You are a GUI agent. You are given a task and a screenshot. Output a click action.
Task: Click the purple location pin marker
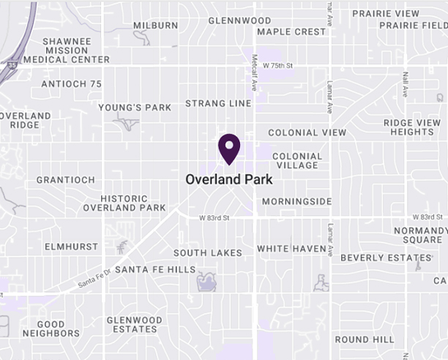pyautogui.click(x=230, y=149)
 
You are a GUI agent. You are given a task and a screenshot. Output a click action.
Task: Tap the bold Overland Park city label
pyautogui.click(x=229, y=179)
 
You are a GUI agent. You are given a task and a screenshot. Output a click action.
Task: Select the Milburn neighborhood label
pyautogui.click(x=155, y=26)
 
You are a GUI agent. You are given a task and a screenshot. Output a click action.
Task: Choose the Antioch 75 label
pyautogui.click(x=71, y=84)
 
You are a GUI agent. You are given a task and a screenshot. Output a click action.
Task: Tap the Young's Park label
pyautogui.click(x=135, y=108)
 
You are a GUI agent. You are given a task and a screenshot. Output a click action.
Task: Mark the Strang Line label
pyautogui.click(x=218, y=104)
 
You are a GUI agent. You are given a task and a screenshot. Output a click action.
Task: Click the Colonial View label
pyautogui.click(x=307, y=133)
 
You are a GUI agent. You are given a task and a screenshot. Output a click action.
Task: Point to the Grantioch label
pyautogui.click(x=66, y=180)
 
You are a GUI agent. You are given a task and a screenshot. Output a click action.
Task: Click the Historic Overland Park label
pyautogui.click(x=124, y=203)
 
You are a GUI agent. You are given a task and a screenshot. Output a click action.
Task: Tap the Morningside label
pyautogui.click(x=296, y=202)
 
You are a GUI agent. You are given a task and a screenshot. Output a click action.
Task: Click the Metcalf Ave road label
pyautogui.click(x=255, y=73)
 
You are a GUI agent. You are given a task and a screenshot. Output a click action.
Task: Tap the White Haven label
pyautogui.click(x=291, y=249)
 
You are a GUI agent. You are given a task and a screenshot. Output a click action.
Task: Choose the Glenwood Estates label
pyautogui.click(x=134, y=325)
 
